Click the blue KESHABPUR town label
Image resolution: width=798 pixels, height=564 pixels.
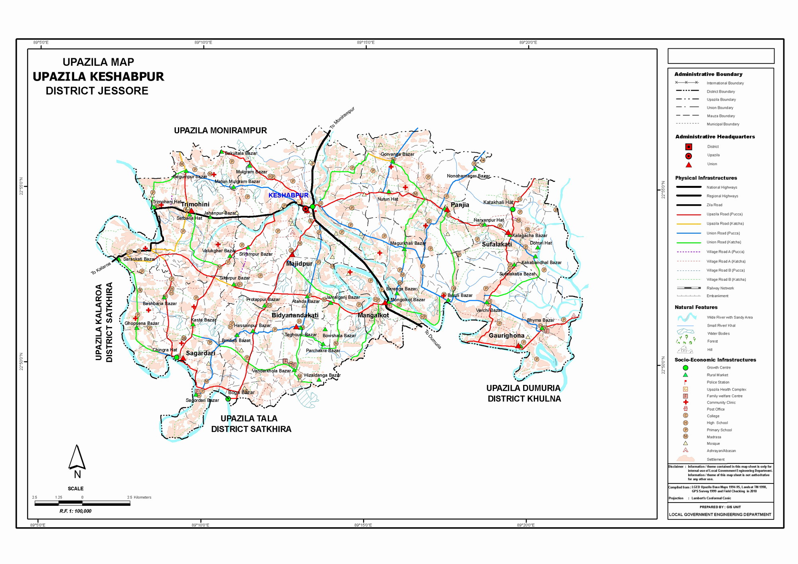tap(288, 195)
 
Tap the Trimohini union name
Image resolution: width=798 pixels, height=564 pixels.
tap(195, 204)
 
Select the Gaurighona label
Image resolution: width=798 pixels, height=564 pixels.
tap(506, 335)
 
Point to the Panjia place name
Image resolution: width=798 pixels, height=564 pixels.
tap(460, 205)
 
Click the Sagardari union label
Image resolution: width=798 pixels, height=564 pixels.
tap(200, 353)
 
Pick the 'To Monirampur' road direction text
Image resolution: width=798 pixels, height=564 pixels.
tap(342, 118)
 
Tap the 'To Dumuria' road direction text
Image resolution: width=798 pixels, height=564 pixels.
tap(433, 339)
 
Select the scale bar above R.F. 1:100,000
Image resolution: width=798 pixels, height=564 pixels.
tap(82, 503)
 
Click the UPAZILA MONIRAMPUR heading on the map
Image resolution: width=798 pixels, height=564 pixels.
tap(220, 130)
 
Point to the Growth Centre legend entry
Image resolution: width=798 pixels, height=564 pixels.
tap(718, 368)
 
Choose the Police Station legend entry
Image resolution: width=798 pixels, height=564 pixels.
tap(717, 382)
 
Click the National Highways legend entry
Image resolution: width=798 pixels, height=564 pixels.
tap(721, 187)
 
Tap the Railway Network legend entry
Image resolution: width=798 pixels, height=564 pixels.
tap(720, 288)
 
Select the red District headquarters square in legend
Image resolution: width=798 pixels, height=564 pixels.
tap(689, 147)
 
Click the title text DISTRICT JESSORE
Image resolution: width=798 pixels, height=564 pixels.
tap(97, 91)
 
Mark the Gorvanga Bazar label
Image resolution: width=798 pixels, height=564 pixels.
tap(397, 154)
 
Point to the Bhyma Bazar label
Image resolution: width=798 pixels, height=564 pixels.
tap(540, 320)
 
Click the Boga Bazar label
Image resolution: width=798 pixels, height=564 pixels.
tap(241, 392)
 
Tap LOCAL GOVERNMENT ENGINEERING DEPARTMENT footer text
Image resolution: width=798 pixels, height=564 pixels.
tap(720, 515)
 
